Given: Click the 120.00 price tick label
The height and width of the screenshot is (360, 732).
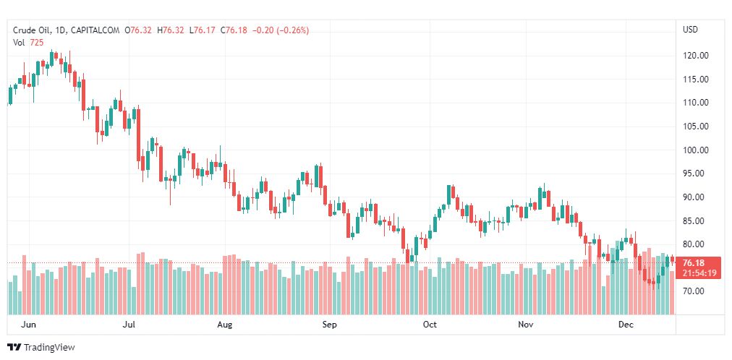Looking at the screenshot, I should (x=696, y=56).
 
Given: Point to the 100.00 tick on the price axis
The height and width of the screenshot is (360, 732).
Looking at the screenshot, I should (x=696, y=150).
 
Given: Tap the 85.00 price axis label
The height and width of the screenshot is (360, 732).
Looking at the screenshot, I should (x=696, y=220).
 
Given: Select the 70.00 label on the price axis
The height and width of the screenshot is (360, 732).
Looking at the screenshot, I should (x=696, y=291).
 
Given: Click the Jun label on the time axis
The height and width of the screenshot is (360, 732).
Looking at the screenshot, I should (x=28, y=325).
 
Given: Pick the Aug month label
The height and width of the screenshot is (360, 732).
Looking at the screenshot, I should (x=225, y=325).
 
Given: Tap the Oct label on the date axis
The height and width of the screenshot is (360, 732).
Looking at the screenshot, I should (x=430, y=325).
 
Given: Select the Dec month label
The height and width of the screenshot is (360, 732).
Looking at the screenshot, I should (x=626, y=325).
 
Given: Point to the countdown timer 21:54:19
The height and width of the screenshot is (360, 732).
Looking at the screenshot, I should (x=698, y=273).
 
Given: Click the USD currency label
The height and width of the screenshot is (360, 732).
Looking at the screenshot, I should (x=690, y=30).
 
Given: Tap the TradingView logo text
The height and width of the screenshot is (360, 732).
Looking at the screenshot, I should (x=49, y=348).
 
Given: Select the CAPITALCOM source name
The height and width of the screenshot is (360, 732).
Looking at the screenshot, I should (x=96, y=30).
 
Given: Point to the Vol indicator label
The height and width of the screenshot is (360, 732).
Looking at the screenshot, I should (x=19, y=43).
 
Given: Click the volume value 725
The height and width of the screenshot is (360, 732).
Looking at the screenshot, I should (x=36, y=43).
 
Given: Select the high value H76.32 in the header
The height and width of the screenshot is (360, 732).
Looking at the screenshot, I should (x=174, y=30).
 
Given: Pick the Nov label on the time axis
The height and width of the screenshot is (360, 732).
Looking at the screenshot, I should (x=526, y=325).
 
